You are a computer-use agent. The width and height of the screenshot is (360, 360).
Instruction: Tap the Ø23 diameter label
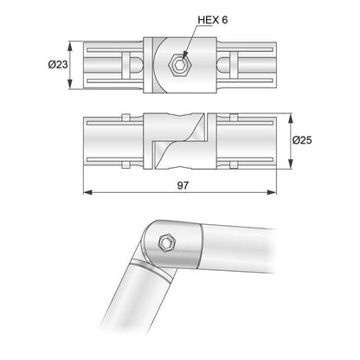click(58, 64)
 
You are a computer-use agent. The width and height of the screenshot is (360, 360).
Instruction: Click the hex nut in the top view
click(180, 63)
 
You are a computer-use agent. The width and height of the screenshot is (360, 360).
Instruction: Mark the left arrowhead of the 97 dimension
click(87, 190)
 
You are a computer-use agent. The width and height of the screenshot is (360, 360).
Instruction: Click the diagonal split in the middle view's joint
click(180, 139)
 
